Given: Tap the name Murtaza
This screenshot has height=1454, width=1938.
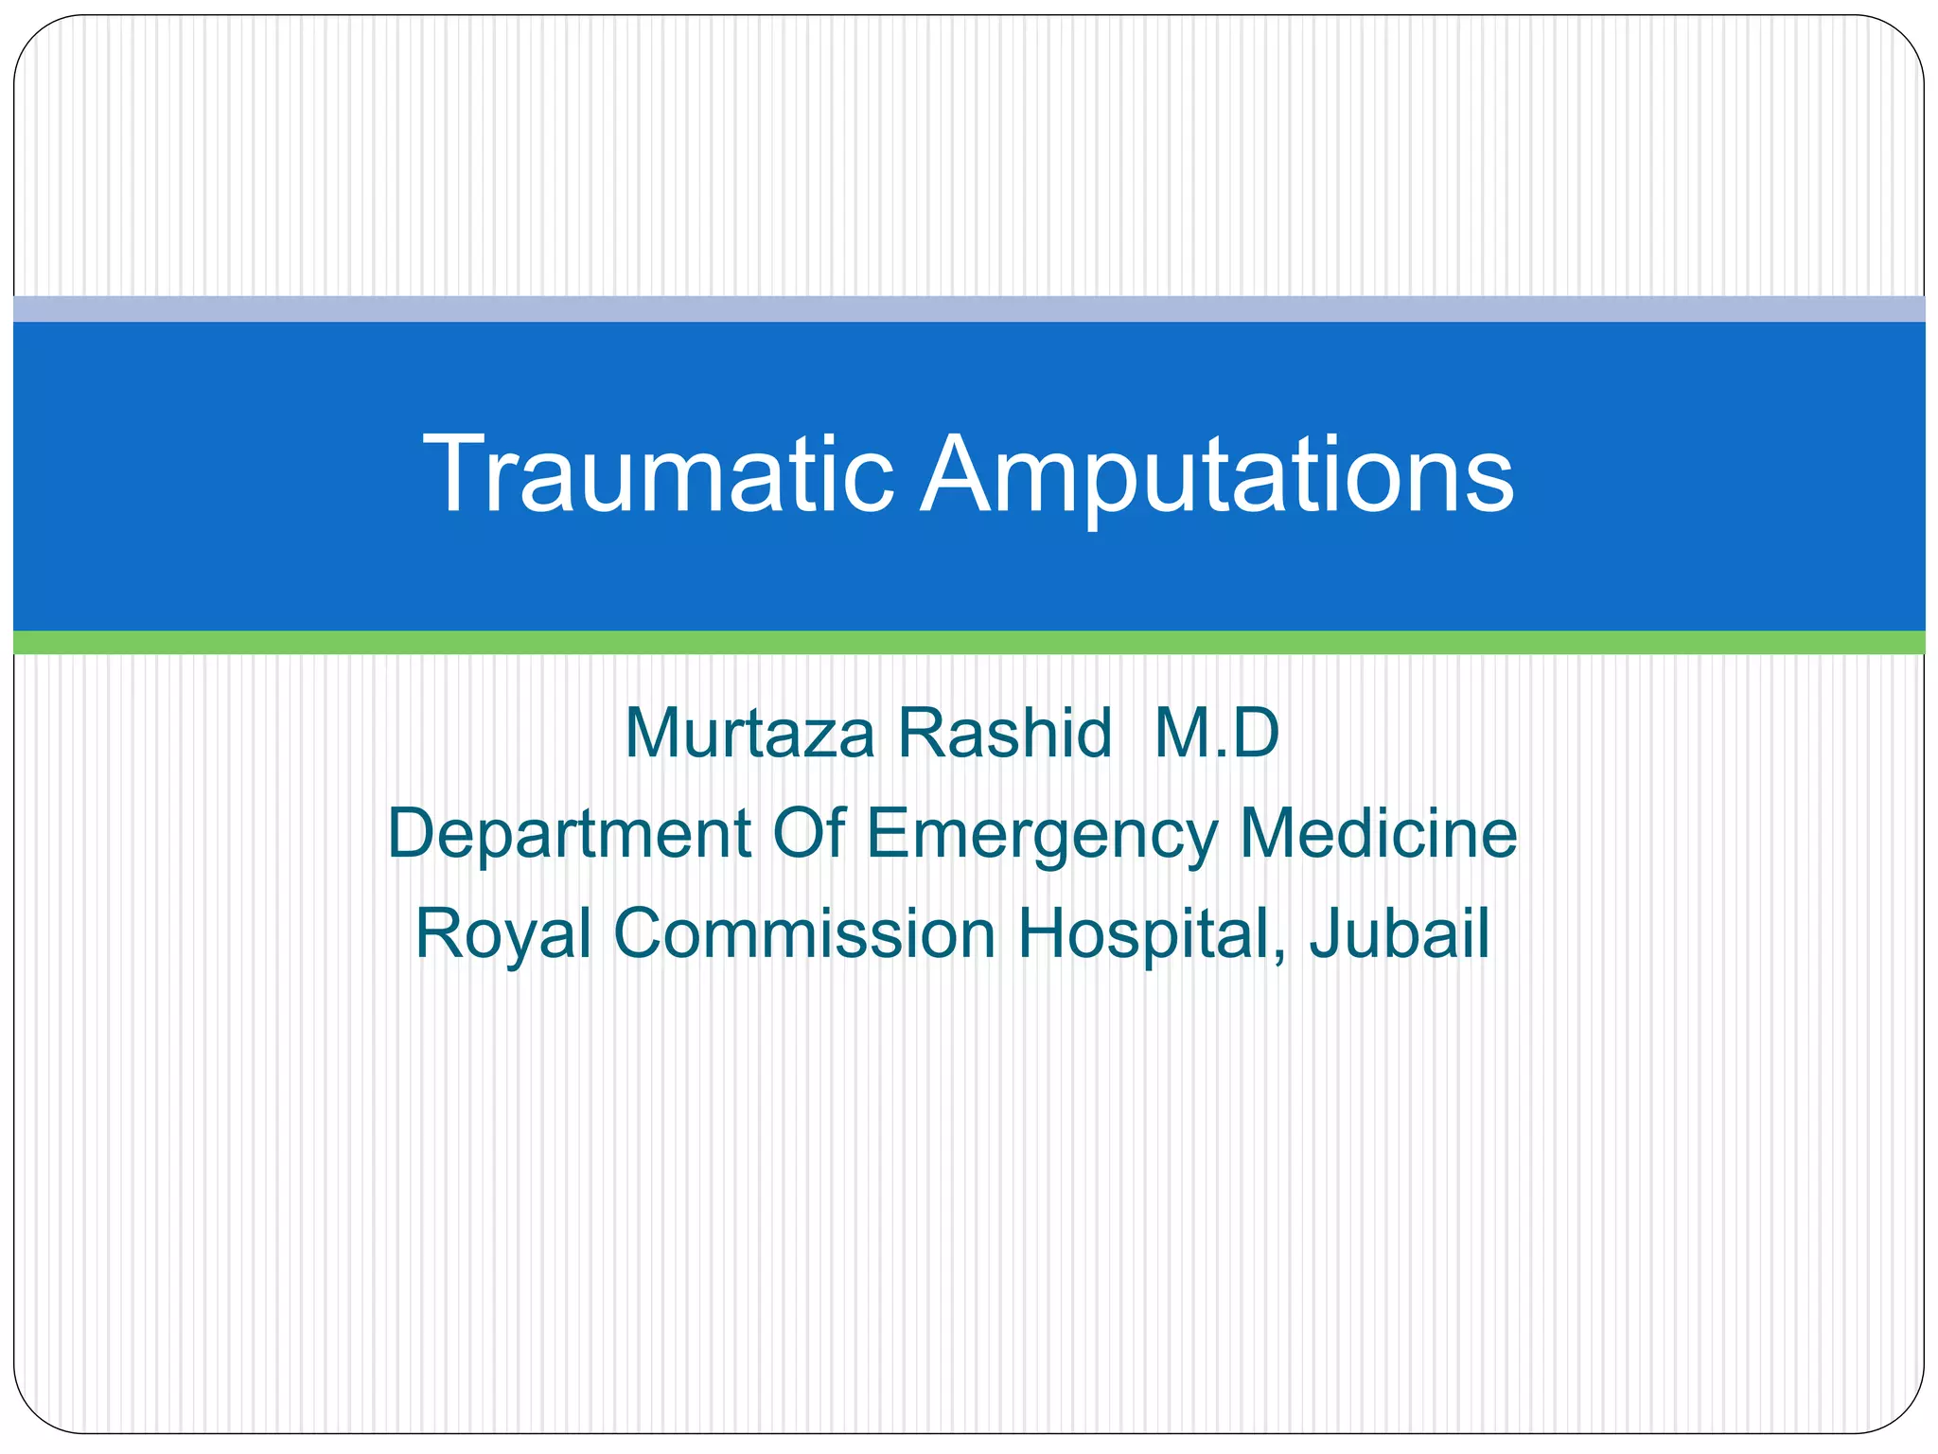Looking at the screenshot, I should [x=749, y=735].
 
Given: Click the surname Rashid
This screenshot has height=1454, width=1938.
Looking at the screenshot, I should [x=1004, y=734].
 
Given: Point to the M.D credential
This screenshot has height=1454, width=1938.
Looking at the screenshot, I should [x=1216, y=734].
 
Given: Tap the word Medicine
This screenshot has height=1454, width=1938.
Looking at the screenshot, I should [x=1378, y=833].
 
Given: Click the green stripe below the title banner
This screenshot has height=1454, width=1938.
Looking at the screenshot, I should [x=969, y=643].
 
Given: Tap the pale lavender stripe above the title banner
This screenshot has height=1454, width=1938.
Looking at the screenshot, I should [x=969, y=309].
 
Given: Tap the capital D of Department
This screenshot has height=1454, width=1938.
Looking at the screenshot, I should [x=413, y=833].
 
